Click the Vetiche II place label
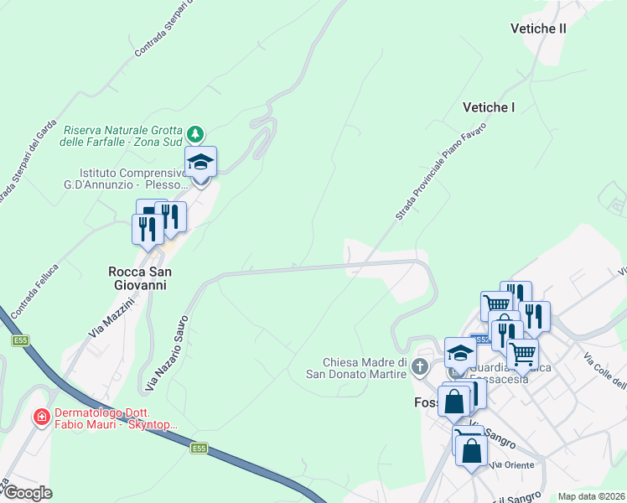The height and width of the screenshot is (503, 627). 538,29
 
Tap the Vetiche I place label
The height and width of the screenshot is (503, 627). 489,107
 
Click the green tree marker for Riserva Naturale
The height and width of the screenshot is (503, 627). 195,134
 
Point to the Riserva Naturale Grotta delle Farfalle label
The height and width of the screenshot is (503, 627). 123,136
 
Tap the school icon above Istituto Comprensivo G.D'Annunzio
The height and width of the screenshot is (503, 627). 201,161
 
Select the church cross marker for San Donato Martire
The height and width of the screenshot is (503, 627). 420,366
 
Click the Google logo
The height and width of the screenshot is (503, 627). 28,493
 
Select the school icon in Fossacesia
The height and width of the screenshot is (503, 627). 460,351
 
